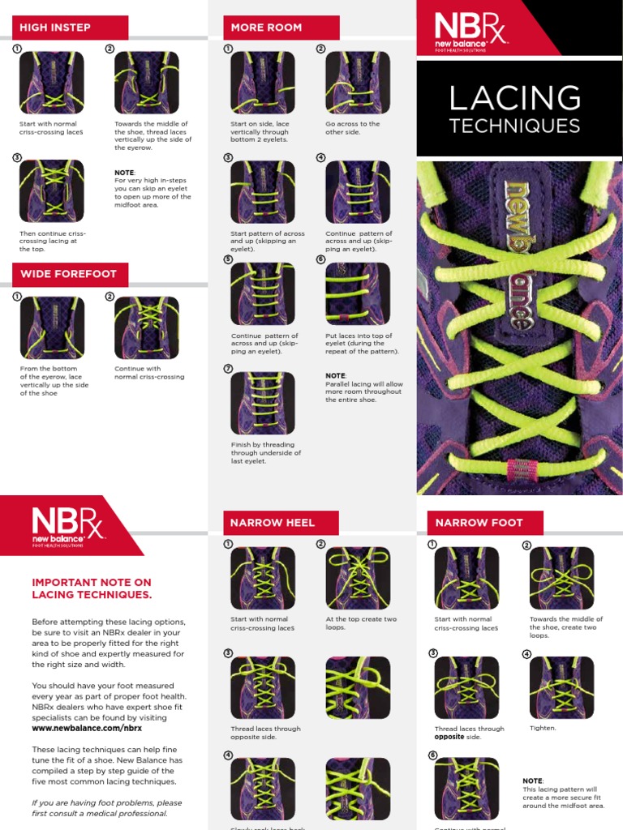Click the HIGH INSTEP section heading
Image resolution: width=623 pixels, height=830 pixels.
tap(55, 27)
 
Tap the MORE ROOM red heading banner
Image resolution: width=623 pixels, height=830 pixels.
tap(266, 27)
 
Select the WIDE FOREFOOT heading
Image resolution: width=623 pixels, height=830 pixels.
tap(68, 274)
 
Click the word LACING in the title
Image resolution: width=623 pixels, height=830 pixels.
tap(514, 99)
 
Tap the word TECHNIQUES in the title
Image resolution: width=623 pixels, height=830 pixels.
tap(514, 126)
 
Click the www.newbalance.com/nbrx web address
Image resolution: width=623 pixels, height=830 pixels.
tap(75, 728)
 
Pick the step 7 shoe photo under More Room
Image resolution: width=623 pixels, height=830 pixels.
tap(262, 403)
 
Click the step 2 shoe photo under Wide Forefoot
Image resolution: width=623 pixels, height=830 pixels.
tap(146, 327)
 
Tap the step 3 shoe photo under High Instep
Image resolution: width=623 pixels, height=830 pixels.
tap(51, 190)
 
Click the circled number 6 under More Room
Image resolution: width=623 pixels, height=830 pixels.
tap(320, 260)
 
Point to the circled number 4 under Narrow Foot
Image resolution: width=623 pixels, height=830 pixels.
tap(526, 654)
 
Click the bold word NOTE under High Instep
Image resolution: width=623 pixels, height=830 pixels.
tap(124, 173)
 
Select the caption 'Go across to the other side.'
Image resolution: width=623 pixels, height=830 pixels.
tap(352, 128)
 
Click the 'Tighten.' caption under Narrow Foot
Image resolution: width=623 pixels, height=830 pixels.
tap(543, 728)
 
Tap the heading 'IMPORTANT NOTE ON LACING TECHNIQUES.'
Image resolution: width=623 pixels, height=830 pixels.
tap(91, 588)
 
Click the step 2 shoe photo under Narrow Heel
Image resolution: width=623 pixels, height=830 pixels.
tap(357, 578)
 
